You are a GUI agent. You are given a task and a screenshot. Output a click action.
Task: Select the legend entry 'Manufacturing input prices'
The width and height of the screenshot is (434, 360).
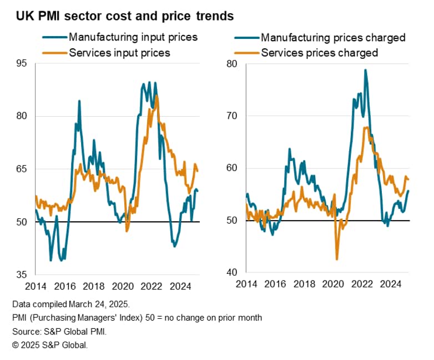133,38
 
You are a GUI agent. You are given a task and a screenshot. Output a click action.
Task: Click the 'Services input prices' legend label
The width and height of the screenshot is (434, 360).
119,53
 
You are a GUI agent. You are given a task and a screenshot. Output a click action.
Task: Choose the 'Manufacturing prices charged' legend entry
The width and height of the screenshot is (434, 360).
333,38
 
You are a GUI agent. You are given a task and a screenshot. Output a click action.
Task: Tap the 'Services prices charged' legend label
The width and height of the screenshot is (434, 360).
319,53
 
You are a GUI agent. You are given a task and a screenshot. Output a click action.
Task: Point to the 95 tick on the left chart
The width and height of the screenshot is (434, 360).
21,63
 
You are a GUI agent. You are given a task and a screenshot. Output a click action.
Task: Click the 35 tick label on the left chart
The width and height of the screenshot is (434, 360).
21,274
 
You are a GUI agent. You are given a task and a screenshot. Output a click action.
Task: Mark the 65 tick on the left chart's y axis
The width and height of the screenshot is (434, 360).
21,169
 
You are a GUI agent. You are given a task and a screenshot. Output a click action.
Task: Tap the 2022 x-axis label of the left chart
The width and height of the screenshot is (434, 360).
151,286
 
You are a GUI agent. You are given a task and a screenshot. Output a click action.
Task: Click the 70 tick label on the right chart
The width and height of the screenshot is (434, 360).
232,116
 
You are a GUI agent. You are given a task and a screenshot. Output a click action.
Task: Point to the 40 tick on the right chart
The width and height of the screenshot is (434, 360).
232,273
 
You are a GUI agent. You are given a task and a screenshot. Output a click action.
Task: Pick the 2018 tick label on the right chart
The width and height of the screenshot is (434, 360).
304,284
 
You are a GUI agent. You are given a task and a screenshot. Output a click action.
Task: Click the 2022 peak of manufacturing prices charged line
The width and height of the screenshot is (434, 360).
365,70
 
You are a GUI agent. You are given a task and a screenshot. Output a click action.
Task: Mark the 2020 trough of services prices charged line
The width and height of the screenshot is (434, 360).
337,259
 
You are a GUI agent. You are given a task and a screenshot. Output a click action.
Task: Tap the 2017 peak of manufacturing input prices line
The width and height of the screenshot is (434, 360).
79,101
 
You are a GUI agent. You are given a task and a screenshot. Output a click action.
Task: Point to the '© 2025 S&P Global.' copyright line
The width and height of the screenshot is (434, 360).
49,345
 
